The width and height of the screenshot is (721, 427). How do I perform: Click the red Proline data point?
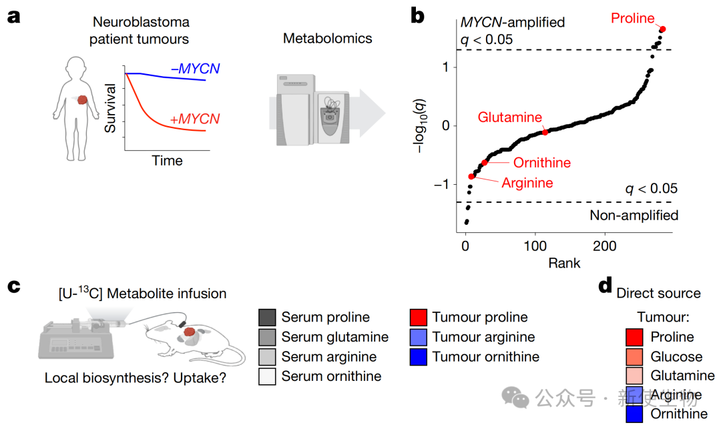[663, 29]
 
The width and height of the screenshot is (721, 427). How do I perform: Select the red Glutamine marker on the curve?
[545, 132]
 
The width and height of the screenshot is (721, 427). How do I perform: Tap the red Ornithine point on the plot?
[485, 162]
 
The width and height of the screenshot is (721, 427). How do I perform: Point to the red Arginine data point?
[472, 176]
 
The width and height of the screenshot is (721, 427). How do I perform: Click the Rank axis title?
[564, 263]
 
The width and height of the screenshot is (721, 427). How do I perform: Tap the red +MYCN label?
[195, 119]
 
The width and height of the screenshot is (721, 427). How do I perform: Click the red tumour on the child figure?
[82, 101]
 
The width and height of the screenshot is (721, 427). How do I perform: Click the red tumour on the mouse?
[191, 332]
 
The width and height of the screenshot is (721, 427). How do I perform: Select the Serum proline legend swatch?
[267, 318]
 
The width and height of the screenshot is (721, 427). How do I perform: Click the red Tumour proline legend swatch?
[418, 318]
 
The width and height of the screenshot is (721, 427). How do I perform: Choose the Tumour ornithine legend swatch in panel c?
[418, 357]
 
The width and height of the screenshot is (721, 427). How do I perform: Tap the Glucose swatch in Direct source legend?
[634, 357]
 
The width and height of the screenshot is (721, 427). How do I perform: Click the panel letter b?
[418, 16]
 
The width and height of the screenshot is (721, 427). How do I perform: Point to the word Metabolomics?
[327, 38]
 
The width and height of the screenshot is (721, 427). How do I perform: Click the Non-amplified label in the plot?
[634, 215]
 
